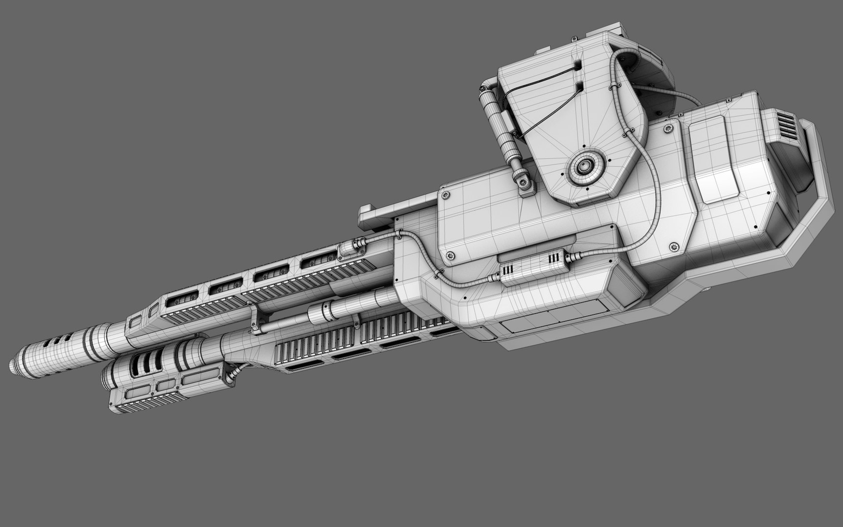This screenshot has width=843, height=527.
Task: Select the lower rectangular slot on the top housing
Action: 580,87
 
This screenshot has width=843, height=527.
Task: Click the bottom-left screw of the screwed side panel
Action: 450,255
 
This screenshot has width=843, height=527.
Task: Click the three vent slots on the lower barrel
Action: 144,362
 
